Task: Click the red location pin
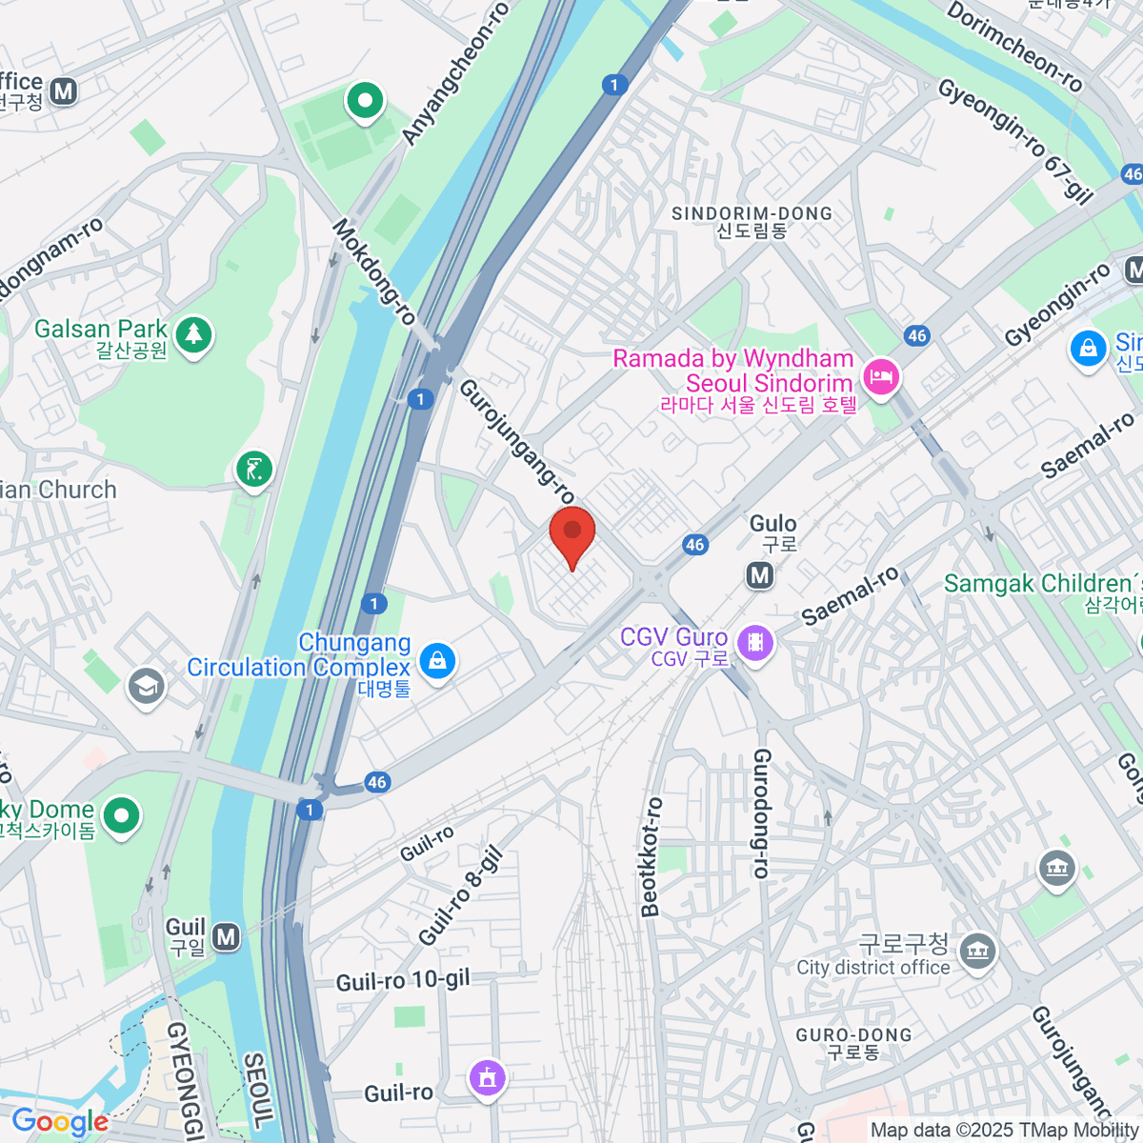coord(572,534)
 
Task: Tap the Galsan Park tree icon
coord(194,334)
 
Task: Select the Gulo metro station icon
coord(759,574)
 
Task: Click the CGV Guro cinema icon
coord(755,643)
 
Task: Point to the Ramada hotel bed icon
coord(879,377)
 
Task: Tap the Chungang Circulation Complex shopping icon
coord(437,659)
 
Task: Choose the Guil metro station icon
coord(226,937)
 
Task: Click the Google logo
coord(60,1122)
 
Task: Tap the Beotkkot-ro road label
coord(652,857)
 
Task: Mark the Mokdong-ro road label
coord(374,271)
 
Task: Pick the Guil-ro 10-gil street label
coord(403,980)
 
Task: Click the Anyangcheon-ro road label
coord(455,75)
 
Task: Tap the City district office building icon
coord(977,951)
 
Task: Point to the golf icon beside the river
coord(254,469)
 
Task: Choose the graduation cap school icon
coord(147,686)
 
